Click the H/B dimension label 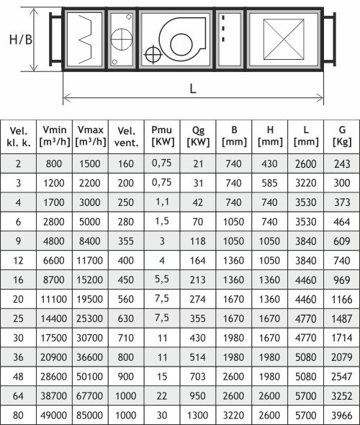point(21,40)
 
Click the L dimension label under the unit point(192,89)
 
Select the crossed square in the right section point(284,39)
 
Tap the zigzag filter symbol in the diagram point(86,40)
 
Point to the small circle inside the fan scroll point(181,45)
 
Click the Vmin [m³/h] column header point(55,136)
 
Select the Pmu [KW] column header point(162,136)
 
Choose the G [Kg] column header point(342,136)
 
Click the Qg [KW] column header point(198,136)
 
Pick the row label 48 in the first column point(18,376)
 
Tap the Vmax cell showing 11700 point(90,261)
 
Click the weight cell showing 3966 point(342,415)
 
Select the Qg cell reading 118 point(198,241)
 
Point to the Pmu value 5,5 point(162,279)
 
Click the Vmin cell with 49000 point(53,415)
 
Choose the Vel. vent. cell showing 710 point(126,338)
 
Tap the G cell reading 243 point(342,164)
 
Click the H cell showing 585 point(269,183)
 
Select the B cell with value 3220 point(233,415)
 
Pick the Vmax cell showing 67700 point(90,395)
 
